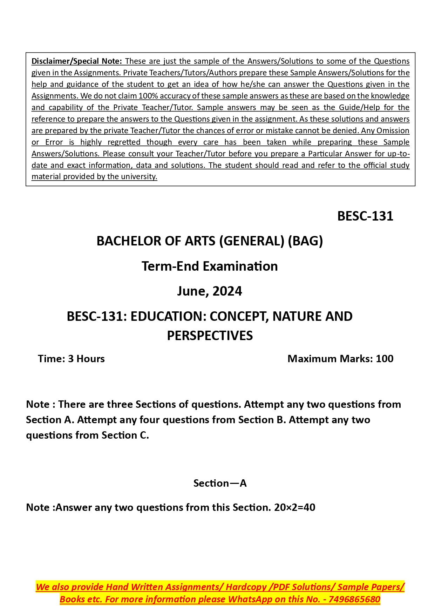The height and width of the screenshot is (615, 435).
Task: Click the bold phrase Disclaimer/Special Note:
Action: click(76, 61)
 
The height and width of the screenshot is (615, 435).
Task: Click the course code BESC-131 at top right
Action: click(365, 216)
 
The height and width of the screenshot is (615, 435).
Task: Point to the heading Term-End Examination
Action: click(210, 266)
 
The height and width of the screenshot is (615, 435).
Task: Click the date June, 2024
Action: click(209, 291)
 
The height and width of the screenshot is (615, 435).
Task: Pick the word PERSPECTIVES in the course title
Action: click(210, 336)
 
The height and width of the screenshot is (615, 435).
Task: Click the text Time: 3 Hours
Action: click(71, 359)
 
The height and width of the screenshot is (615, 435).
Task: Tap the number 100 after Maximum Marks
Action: click(385, 359)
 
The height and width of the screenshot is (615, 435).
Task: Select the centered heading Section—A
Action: click(220, 483)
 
